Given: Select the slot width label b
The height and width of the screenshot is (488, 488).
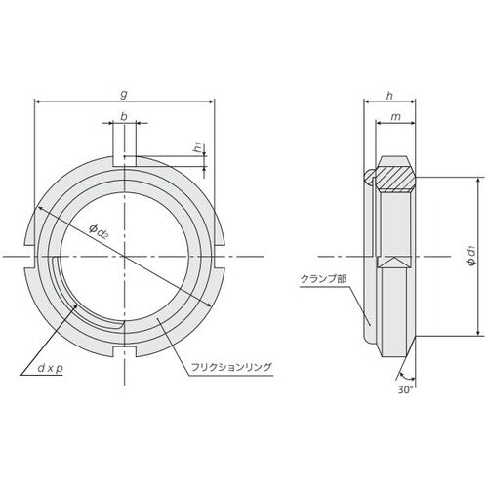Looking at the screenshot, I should tap(125, 116).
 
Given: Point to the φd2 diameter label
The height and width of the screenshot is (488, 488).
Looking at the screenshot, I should tap(100, 230).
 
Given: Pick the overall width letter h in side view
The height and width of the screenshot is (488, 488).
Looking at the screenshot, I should tap(391, 95).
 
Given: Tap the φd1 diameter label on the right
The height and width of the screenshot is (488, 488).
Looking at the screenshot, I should tap(471, 257).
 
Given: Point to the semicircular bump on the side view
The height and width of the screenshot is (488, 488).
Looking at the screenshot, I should tap(368, 177).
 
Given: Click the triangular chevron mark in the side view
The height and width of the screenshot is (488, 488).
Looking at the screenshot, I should tap(394, 261).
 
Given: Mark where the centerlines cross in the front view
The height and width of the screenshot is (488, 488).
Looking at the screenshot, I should tap(125, 256).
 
